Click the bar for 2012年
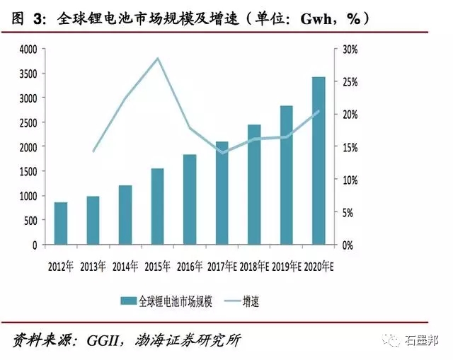61,223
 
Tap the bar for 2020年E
319,161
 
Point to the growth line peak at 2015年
157,58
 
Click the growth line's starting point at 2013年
93,151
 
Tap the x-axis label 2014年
125,267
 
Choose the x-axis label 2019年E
287,267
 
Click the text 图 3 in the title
28,18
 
